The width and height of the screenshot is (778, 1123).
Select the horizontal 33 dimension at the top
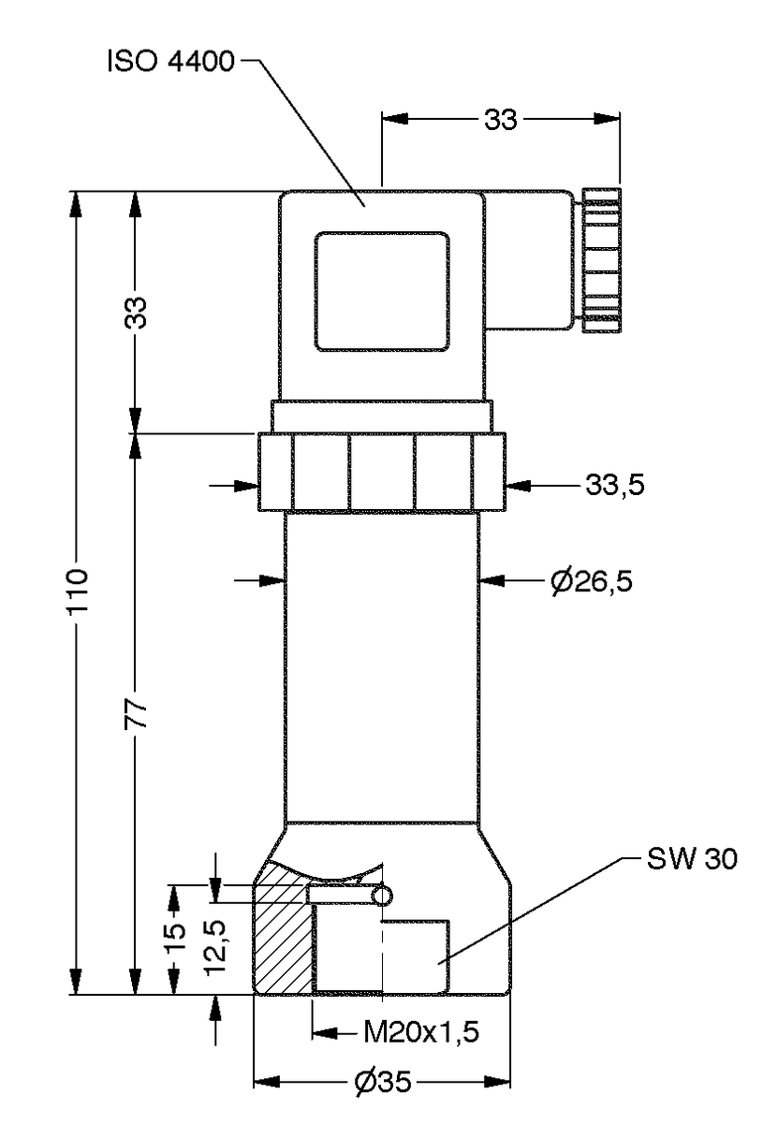(x=501, y=120)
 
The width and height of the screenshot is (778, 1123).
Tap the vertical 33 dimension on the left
(x=137, y=313)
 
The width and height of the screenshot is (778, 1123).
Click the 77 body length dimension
(x=137, y=713)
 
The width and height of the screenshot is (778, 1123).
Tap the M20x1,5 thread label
(x=421, y=1033)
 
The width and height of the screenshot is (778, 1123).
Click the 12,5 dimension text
(x=215, y=947)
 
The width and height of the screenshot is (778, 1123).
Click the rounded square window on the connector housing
(x=381, y=292)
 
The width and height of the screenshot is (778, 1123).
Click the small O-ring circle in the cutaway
(x=382, y=896)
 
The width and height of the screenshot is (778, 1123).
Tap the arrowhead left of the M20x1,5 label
(x=324, y=1033)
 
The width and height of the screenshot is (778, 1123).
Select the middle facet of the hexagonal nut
(x=381, y=473)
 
